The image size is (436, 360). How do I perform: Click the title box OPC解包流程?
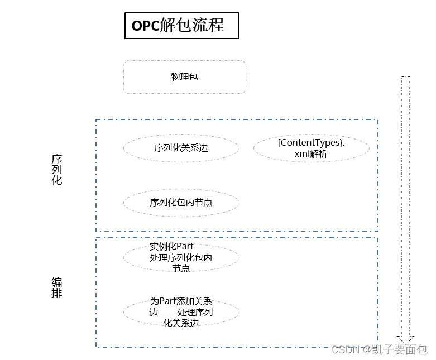[x=181, y=26]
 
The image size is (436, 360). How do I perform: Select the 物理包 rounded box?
[x=184, y=77]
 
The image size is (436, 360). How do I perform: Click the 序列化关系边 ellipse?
[x=181, y=148]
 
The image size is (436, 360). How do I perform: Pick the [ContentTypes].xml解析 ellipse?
[x=311, y=148]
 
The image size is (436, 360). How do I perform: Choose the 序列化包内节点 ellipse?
[x=181, y=203]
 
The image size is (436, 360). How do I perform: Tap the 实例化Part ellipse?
[x=181, y=257]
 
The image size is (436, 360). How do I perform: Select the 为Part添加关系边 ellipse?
[x=181, y=312]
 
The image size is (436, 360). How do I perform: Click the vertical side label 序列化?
[x=57, y=170]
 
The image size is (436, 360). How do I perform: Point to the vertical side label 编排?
[x=57, y=287]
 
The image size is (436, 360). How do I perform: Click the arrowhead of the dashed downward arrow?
[x=405, y=338]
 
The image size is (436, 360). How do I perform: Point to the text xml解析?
[x=311, y=154]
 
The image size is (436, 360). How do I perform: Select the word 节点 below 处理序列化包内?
[x=181, y=268]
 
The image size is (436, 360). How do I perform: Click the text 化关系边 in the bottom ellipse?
[x=181, y=323]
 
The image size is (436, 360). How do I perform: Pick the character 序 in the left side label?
[x=57, y=159]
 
